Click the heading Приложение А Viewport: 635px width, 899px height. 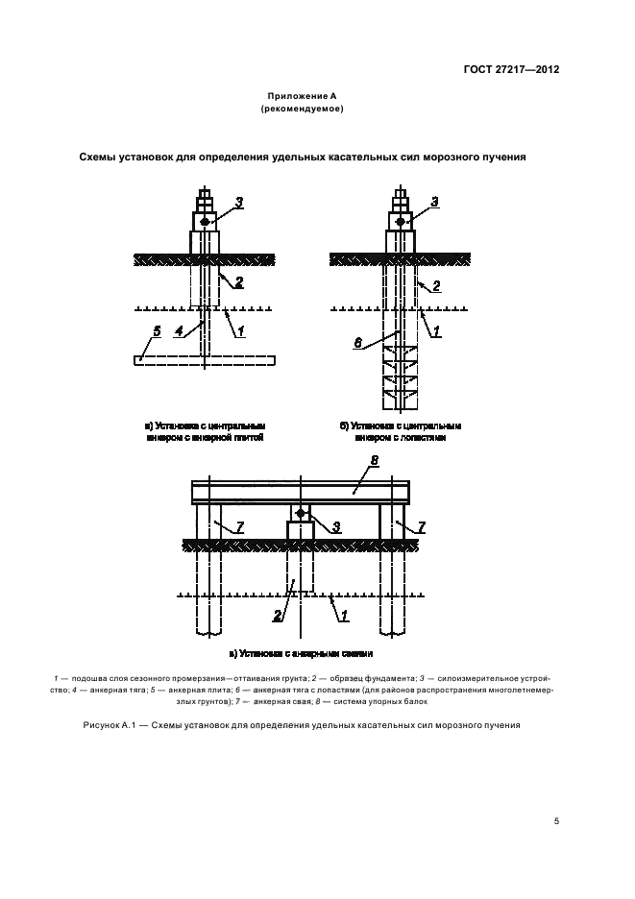pyautogui.click(x=303, y=97)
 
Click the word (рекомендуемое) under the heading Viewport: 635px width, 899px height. pyautogui.click(x=303, y=110)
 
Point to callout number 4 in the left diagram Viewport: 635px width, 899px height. pyautogui.click(x=180, y=332)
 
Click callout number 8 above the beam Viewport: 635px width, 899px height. pyautogui.click(x=375, y=461)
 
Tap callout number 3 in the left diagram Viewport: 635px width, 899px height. pyautogui.click(x=240, y=201)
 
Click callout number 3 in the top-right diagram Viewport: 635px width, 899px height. pyautogui.click(x=434, y=201)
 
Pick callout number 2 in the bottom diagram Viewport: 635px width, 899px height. pyautogui.click(x=279, y=614)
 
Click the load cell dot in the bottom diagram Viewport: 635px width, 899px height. pyautogui.click(x=301, y=514)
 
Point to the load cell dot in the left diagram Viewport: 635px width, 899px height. pyautogui.click(x=204, y=222)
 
